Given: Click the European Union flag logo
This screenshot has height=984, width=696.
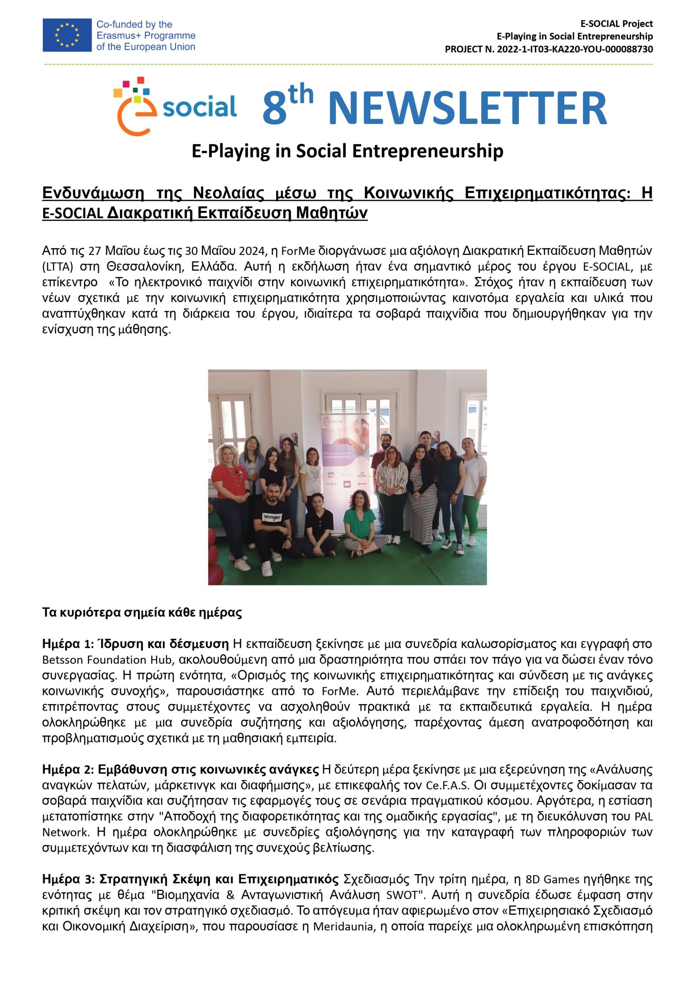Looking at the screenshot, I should coord(67,35).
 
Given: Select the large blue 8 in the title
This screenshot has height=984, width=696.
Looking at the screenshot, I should coord(274,108).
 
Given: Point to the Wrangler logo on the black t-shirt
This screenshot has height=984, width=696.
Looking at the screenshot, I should coord(272,517).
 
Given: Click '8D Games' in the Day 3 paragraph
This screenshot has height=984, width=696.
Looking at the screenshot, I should coord(552,880).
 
